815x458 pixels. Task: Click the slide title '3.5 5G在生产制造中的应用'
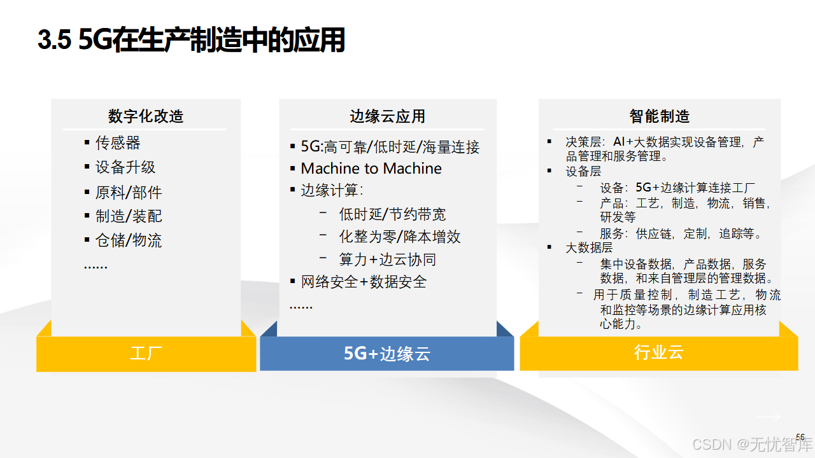191,41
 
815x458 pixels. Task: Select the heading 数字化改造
146,116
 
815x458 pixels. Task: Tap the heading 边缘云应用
387,116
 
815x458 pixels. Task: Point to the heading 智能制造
660,116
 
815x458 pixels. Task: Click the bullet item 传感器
118,142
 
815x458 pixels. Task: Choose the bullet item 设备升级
125,167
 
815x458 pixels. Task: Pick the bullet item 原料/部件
129,192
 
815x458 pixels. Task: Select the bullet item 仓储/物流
129,240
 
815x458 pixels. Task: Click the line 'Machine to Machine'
371,169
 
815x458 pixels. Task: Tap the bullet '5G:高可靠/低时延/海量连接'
390,147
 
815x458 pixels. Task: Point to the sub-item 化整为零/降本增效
399,237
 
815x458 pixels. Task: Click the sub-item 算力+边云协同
387,260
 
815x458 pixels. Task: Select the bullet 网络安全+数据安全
364,282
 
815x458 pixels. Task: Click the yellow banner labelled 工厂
146,354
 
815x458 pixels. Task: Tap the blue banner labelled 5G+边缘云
386,354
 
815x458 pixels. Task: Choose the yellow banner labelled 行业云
658,353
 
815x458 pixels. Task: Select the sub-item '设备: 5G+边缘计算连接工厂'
677,188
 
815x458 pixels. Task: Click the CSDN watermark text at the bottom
749,443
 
